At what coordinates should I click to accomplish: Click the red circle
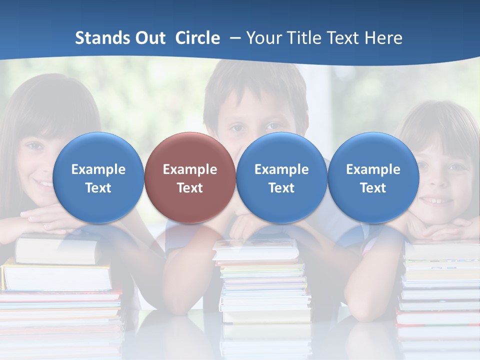click(190, 177)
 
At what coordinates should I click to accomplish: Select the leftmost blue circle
click(98, 177)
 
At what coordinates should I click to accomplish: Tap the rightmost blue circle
click(373, 177)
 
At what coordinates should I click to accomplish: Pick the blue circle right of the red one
click(281, 177)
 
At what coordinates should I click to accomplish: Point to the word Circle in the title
click(197, 38)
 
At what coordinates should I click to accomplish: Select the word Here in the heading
click(382, 38)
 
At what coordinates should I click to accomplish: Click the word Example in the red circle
click(190, 169)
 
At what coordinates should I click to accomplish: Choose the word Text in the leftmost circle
click(98, 188)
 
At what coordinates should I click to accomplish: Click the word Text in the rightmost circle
click(373, 188)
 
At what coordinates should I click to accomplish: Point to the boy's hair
click(255, 82)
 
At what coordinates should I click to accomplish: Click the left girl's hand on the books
click(40, 217)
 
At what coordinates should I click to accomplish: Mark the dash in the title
click(233, 38)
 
